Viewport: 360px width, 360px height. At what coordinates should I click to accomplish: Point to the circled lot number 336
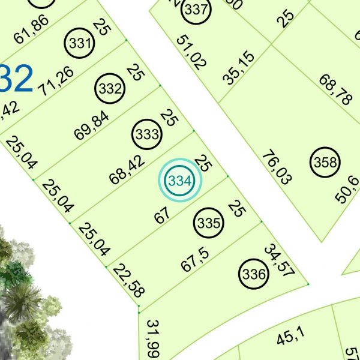point(253,274)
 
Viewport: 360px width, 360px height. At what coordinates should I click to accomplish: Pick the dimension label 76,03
point(277,167)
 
